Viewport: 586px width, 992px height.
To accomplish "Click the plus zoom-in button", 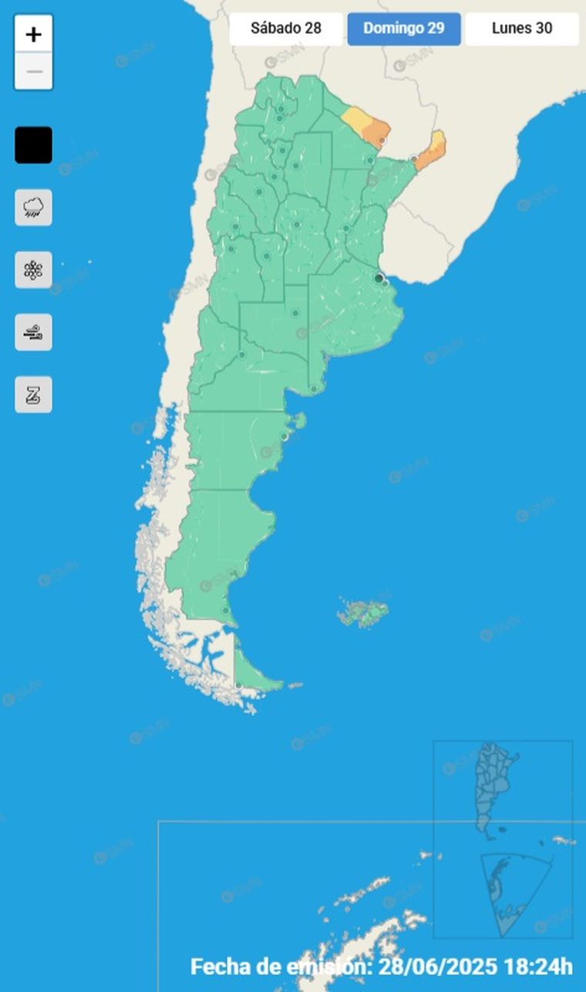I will [x=33, y=35].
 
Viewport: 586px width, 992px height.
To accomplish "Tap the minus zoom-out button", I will [x=33, y=72].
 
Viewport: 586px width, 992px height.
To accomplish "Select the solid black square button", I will [x=33, y=145].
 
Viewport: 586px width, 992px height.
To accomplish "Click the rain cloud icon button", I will [x=33, y=207].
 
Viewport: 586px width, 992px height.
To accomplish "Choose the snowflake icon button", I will [x=33, y=270].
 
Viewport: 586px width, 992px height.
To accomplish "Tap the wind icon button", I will [x=33, y=333].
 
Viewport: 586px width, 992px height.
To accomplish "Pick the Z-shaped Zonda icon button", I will [x=33, y=395].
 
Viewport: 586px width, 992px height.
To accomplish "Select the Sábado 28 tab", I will [x=286, y=29].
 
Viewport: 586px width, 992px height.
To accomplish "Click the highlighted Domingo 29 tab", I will [x=404, y=29].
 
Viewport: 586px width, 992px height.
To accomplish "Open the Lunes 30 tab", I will [x=522, y=29].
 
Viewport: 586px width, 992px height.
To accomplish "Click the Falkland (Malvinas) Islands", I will [x=362, y=614].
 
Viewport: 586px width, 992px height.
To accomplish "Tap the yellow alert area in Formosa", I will [x=355, y=119].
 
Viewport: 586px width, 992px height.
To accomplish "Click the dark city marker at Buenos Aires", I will [x=379, y=277].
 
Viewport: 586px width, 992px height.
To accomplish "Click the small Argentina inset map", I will [x=490, y=789].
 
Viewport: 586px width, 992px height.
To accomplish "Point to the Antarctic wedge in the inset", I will [x=509, y=893].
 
